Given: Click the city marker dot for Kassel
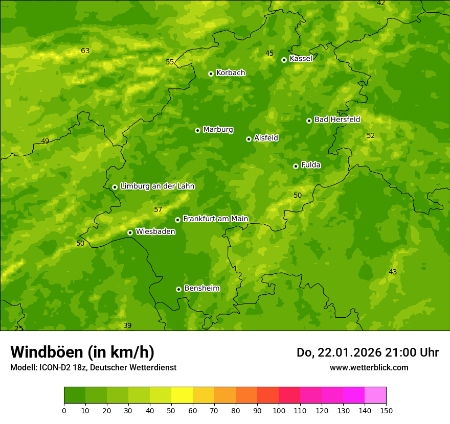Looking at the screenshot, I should [x=284, y=60].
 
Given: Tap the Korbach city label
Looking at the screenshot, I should [x=231, y=73].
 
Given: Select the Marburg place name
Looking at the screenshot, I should [x=218, y=130].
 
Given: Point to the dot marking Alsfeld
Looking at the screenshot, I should [x=249, y=139].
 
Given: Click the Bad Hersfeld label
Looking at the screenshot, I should [x=337, y=120].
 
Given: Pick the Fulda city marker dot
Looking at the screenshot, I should [x=296, y=166].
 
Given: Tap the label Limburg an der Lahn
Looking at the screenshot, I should [x=157, y=186].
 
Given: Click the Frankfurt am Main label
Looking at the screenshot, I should [x=215, y=219].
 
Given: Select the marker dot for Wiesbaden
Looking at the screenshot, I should [x=130, y=232].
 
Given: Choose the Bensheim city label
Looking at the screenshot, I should [x=201, y=289].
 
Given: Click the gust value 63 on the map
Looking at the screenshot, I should [x=85, y=51].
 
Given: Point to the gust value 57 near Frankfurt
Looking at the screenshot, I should [x=158, y=209].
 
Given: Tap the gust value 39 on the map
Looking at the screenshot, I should [x=127, y=325].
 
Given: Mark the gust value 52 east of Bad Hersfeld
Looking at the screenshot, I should [x=371, y=135].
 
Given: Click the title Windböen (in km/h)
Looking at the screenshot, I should [x=82, y=352].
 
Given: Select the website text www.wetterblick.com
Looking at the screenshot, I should [x=369, y=367].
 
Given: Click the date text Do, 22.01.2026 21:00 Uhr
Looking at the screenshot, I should [x=367, y=352].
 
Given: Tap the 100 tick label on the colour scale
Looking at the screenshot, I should [x=279, y=411].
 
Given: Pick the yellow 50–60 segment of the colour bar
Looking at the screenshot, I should [x=182, y=395].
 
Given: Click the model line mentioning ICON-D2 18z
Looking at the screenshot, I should [x=93, y=367].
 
